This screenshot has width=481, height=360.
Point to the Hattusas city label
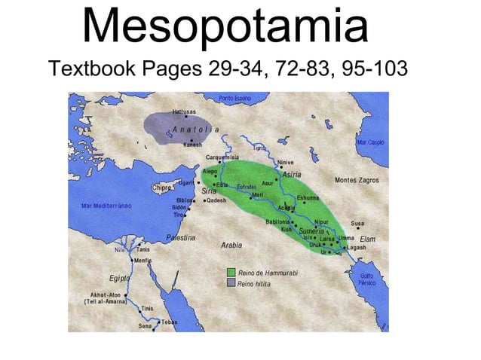(x=185, y=111)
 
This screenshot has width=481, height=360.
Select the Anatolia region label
(x=195, y=130)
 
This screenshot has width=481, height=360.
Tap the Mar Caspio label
(x=371, y=142)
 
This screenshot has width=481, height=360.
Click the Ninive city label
(x=285, y=162)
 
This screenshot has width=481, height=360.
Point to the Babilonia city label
(x=279, y=222)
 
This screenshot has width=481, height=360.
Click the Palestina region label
(x=180, y=237)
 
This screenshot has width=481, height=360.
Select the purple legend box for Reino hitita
(x=232, y=283)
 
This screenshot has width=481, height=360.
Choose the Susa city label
(x=358, y=223)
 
